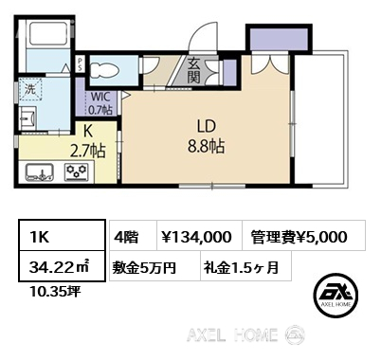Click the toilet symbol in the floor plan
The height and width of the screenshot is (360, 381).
click(104, 71)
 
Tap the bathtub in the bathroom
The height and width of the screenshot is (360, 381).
click(48, 34)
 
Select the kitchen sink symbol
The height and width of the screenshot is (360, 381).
click(39, 172)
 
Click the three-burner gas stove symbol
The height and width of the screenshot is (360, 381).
click(77, 172)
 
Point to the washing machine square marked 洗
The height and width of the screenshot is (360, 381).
click(30, 89)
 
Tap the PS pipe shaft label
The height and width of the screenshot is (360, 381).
click(80, 64)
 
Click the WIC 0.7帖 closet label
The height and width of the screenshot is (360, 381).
click(100, 103)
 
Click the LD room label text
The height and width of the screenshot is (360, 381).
click(207, 126)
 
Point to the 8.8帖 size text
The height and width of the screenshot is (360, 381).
click(207, 147)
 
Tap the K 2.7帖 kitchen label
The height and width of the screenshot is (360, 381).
click(88, 141)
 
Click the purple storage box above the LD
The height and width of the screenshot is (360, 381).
click(279, 39)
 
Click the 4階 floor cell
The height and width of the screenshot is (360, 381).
click(134, 237)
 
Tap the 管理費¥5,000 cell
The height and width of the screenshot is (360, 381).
click(304, 237)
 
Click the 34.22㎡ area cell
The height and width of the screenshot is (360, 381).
click(62, 266)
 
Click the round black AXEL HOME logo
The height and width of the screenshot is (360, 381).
click(336, 294)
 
